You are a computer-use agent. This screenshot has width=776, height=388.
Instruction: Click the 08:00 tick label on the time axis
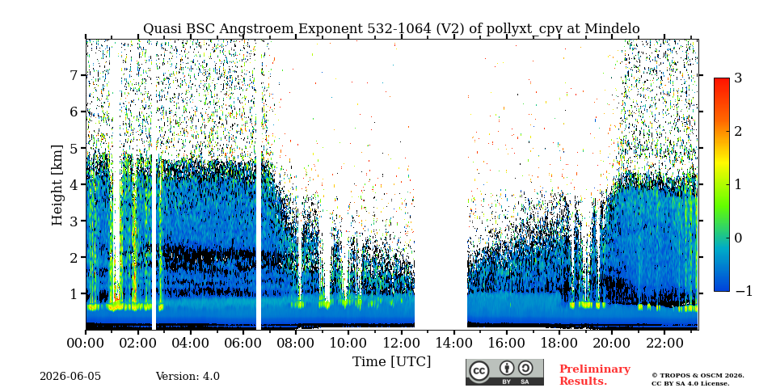click(x=296, y=343)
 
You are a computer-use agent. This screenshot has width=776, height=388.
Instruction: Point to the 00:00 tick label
click(x=86, y=343)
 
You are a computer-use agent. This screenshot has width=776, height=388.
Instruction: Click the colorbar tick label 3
click(x=738, y=78)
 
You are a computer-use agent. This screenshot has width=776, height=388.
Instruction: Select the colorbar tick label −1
click(x=744, y=291)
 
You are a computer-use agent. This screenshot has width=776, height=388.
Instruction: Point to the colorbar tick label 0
click(x=738, y=238)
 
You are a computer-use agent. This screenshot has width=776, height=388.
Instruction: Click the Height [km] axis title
click(x=57, y=185)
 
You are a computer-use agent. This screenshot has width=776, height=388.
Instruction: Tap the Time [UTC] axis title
click(x=391, y=362)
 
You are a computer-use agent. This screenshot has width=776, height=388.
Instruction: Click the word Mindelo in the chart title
click(x=612, y=29)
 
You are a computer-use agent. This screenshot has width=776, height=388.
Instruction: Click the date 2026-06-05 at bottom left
click(x=70, y=377)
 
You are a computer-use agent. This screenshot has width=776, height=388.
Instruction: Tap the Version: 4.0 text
click(x=188, y=377)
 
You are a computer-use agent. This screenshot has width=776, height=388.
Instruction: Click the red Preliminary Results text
click(x=595, y=375)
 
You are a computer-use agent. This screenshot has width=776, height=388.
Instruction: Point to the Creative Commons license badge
click(x=504, y=372)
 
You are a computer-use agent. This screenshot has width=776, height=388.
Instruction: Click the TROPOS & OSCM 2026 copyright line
click(x=698, y=376)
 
